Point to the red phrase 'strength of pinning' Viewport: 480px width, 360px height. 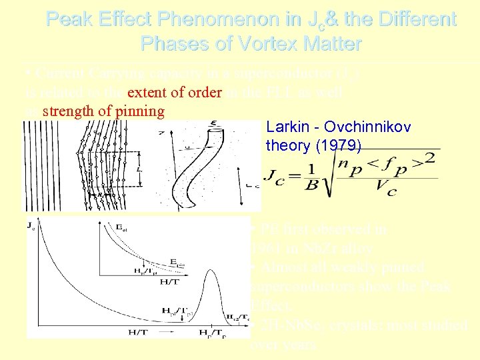(x=103, y=111)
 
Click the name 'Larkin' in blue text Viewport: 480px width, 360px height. (x=286, y=127)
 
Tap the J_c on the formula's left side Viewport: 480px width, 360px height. (x=275, y=175)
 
